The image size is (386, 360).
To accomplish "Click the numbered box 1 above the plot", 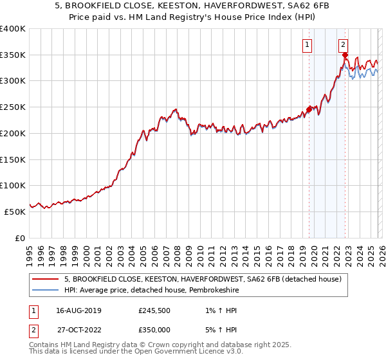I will click(x=307, y=44).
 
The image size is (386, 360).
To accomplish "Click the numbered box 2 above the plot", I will click(x=344, y=44).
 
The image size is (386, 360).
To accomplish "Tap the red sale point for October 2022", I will click(x=345, y=55).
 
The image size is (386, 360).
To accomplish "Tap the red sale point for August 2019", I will click(x=309, y=110).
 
